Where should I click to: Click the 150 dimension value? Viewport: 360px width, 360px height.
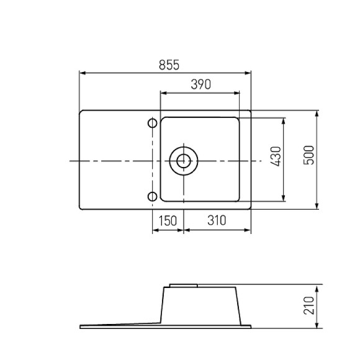(168, 220)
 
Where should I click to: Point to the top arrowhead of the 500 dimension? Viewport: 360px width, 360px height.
(317, 114)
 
